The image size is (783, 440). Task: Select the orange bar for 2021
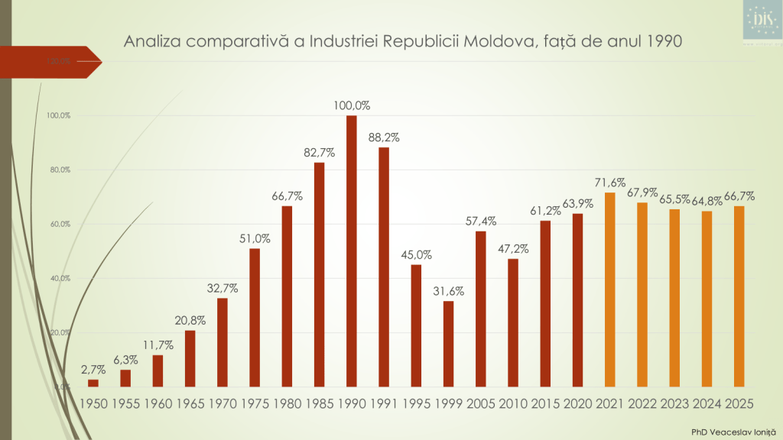click(x=609, y=290)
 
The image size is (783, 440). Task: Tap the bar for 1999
click(x=448, y=344)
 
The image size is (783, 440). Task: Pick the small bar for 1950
click(x=93, y=383)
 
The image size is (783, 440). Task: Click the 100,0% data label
click(x=352, y=105)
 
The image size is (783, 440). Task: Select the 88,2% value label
click(x=384, y=137)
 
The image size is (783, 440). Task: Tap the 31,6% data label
click(x=448, y=291)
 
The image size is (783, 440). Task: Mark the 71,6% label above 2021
click(x=609, y=183)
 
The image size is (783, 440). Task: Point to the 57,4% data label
click(x=480, y=222)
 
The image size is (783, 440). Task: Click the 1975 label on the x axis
click(x=255, y=402)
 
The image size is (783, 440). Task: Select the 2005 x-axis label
click(x=480, y=402)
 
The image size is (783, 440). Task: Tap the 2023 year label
click(x=674, y=402)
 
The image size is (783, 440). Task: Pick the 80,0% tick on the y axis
click(x=59, y=170)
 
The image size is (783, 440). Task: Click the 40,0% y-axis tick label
click(x=59, y=278)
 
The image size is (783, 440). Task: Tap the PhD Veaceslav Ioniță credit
click(x=730, y=432)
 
